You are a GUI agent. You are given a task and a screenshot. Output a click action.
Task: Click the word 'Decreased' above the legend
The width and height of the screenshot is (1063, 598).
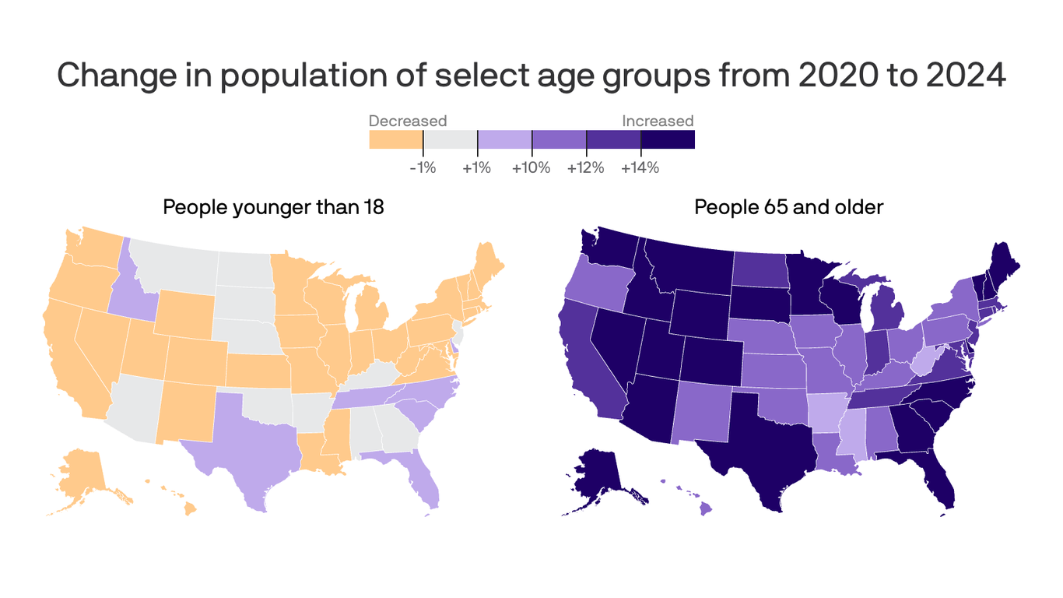(x=407, y=121)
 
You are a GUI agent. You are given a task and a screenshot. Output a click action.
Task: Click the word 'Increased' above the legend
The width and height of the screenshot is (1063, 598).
(x=657, y=121)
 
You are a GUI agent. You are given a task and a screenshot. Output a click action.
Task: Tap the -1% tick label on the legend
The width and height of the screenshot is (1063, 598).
(x=423, y=167)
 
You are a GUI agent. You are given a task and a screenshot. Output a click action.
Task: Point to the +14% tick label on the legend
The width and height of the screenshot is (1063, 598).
(x=640, y=167)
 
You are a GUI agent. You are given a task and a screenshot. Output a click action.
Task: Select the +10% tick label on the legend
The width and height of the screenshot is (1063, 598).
(x=531, y=167)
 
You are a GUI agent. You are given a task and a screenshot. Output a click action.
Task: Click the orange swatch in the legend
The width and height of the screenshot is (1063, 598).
(x=395, y=139)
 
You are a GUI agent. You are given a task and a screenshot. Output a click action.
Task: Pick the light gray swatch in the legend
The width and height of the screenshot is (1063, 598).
(x=450, y=139)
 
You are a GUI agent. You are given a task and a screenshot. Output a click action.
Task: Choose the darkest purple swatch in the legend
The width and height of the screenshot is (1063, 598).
(x=667, y=139)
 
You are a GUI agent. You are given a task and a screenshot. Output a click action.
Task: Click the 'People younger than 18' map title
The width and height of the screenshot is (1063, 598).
(x=273, y=208)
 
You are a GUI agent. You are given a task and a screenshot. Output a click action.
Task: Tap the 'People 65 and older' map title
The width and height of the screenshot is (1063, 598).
(x=788, y=208)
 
